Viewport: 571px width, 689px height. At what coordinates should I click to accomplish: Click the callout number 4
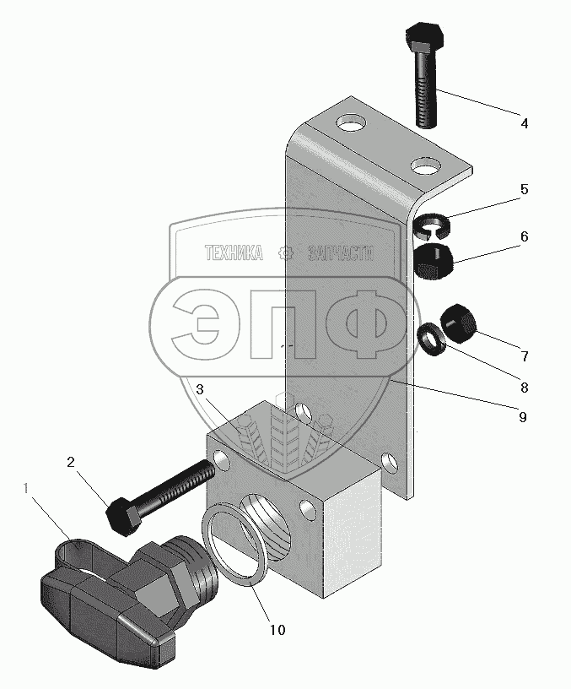coord(524,123)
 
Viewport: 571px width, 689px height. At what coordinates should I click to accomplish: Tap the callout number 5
coord(524,189)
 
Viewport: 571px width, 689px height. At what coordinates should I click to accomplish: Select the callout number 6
coord(524,237)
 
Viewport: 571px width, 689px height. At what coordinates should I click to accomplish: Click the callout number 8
coord(524,388)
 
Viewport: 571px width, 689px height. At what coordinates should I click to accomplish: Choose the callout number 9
coord(524,416)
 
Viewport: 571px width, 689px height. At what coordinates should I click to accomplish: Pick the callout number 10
coord(277,630)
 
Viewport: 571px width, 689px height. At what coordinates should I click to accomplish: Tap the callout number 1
coord(28,488)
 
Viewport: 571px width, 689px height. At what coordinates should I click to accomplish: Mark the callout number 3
coord(200,389)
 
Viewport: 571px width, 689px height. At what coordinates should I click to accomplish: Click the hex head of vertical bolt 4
coord(423,38)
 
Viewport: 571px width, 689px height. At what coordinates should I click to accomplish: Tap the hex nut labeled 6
coord(435,259)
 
